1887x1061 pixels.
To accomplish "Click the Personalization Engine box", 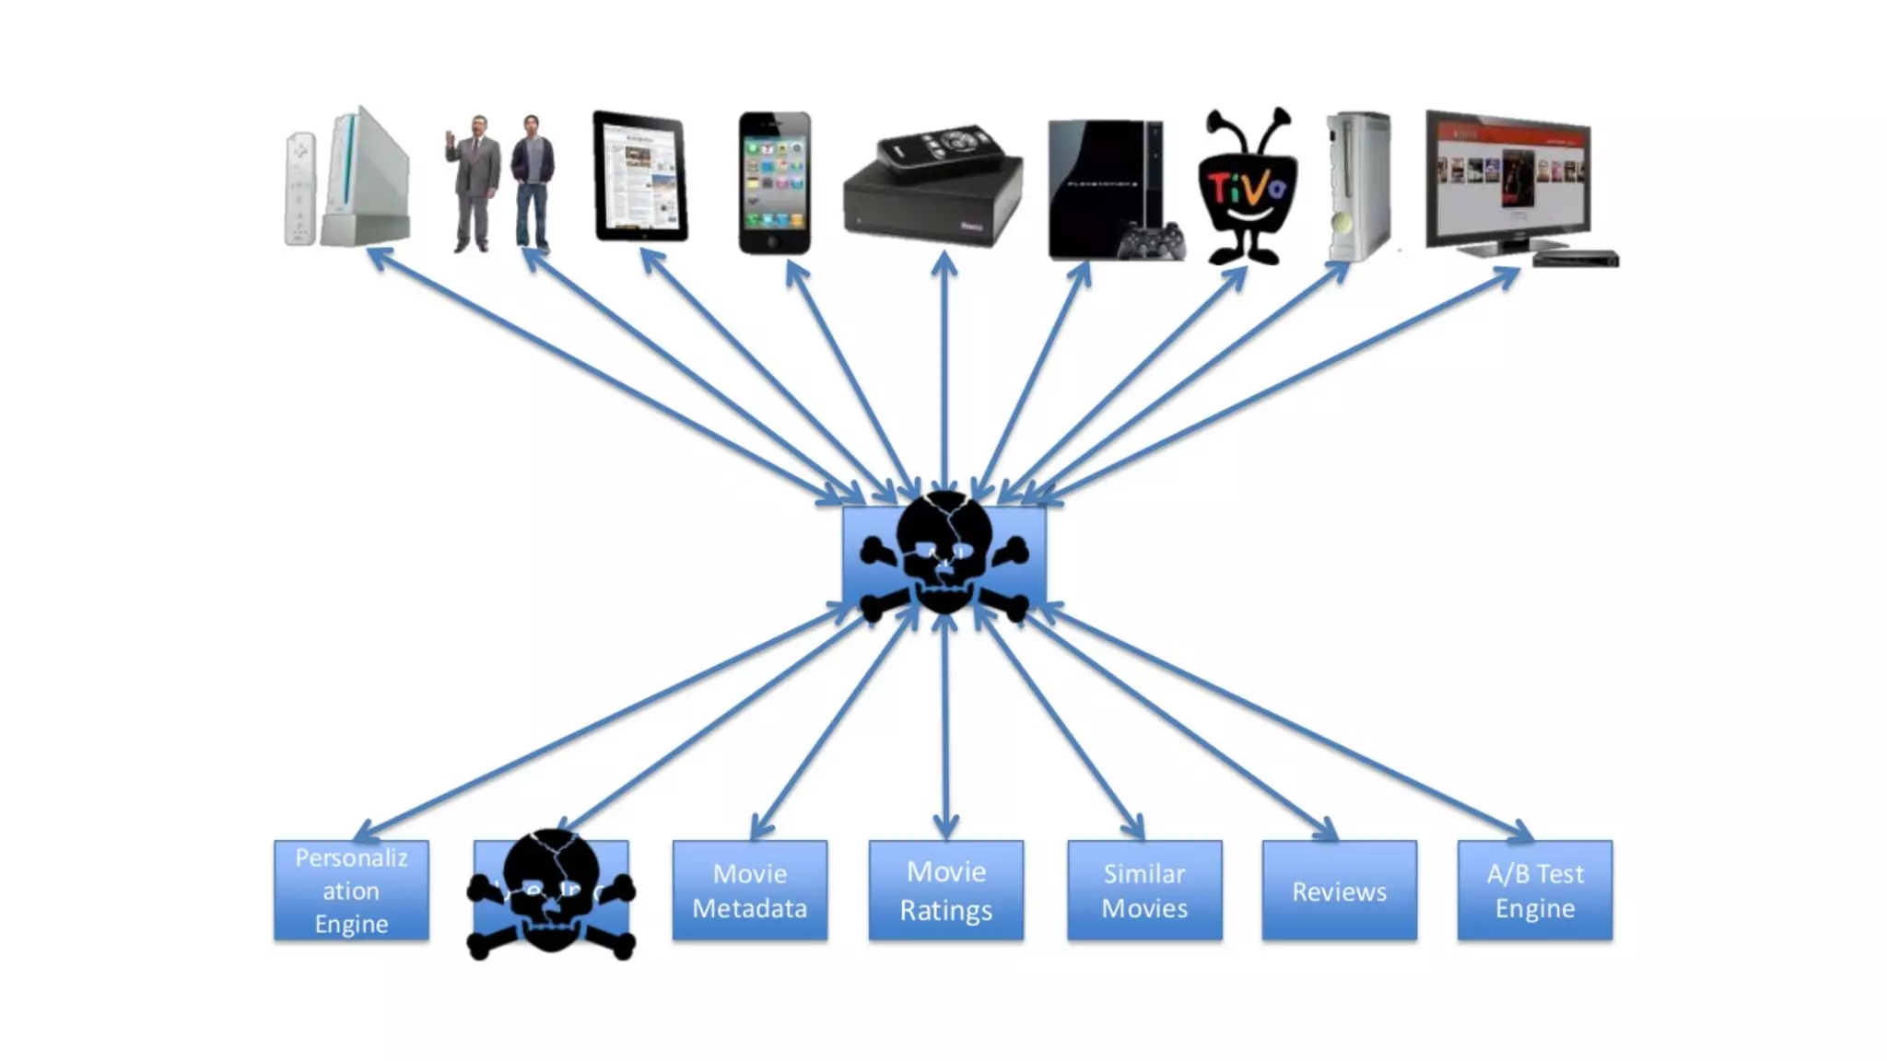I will point(351,890).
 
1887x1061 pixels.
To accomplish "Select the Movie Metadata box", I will point(749,890).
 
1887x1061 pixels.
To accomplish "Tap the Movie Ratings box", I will point(945,890).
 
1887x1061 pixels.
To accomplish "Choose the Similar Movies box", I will point(1144,890).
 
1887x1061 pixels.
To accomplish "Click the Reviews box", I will point(1339,890).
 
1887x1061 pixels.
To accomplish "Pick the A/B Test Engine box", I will point(1534,890).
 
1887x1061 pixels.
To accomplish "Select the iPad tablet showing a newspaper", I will point(640,177).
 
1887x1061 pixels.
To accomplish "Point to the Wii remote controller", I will point(299,189).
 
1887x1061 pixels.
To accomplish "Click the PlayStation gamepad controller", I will point(1151,242).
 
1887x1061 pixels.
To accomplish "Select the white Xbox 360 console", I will point(1358,186).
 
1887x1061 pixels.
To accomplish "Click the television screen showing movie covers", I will point(1507,177).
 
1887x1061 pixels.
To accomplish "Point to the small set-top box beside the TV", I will point(1576,259).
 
